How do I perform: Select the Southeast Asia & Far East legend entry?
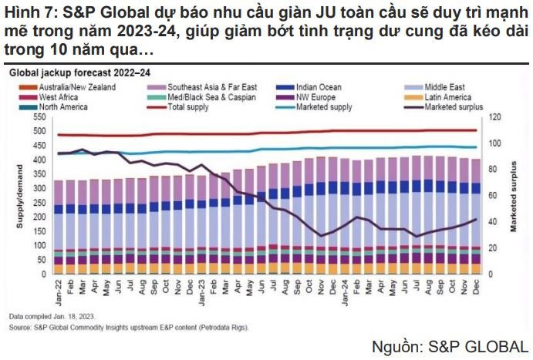pos(194,87)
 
